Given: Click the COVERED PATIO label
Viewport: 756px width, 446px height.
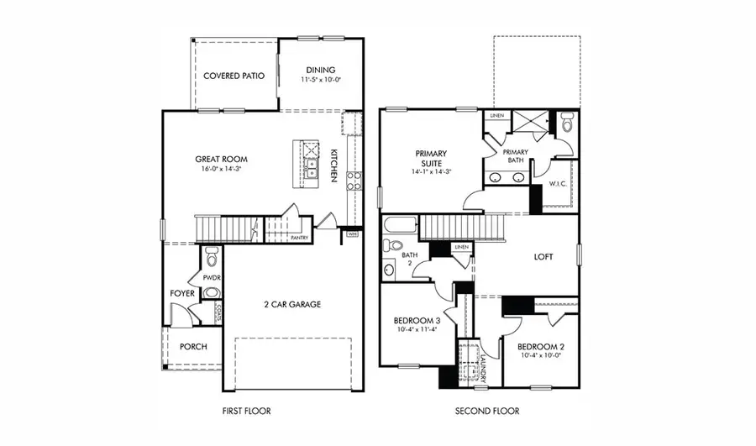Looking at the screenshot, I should pyautogui.click(x=234, y=76).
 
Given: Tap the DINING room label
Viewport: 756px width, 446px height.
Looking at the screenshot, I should pyautogui.click(x=320, y=70).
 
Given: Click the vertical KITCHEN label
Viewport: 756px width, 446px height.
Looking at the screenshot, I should pyautogui.click(x=333, y=165).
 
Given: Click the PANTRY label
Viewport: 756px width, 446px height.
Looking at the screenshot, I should pyautogui.click(x=300, y=238).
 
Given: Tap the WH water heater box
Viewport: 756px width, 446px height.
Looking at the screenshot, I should pyautogui.click(x=353, y=233).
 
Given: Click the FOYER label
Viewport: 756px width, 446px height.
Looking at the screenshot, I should pyautogui.click(x=182, y=294).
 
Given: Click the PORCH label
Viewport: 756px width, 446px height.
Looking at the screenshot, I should pyautogui.click(x=193, y=347).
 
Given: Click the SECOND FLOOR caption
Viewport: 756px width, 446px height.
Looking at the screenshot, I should pyautogui.click(x=487, y=412).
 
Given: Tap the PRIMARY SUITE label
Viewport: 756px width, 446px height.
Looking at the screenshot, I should pyautogui.click(x=431, y=159).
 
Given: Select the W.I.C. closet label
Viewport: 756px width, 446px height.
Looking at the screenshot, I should pyautogui.click(x=558, y=183).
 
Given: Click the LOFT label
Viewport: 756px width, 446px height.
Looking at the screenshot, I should pyautogui.click(x=543, y=257).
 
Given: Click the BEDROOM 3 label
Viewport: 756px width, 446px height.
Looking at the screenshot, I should pyautogui.click(x=417, y=321).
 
